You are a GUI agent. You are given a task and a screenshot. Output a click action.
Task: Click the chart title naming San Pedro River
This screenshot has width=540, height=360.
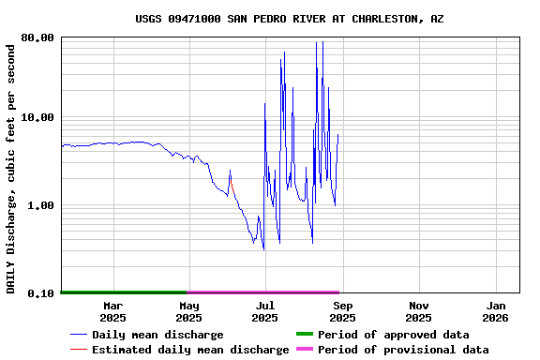(290, 19)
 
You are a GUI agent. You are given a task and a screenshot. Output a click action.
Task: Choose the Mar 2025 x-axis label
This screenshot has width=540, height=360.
(112, 311)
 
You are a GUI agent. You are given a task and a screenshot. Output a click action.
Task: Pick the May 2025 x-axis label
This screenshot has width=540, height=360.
(189, 311)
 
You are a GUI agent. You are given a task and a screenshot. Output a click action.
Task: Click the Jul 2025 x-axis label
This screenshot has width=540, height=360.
(265, 311)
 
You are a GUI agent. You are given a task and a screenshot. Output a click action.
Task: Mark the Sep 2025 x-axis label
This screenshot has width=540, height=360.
(342, 311)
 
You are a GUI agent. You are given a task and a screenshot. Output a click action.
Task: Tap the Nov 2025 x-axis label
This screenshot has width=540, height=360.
(419, 311)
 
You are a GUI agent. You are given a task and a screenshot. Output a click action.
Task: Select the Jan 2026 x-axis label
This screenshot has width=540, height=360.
(496, 311)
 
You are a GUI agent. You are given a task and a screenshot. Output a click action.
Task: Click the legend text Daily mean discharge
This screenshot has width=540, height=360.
(157, 335)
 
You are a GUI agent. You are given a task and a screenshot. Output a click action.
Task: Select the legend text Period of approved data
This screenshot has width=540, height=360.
(394, 335)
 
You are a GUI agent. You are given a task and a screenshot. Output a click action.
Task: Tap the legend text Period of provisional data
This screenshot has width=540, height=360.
(403, 350)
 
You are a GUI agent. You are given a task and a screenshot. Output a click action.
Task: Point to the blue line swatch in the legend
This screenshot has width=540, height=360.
(79, 335)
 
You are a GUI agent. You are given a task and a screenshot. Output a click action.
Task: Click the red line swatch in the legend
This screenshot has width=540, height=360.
(79, 350)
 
